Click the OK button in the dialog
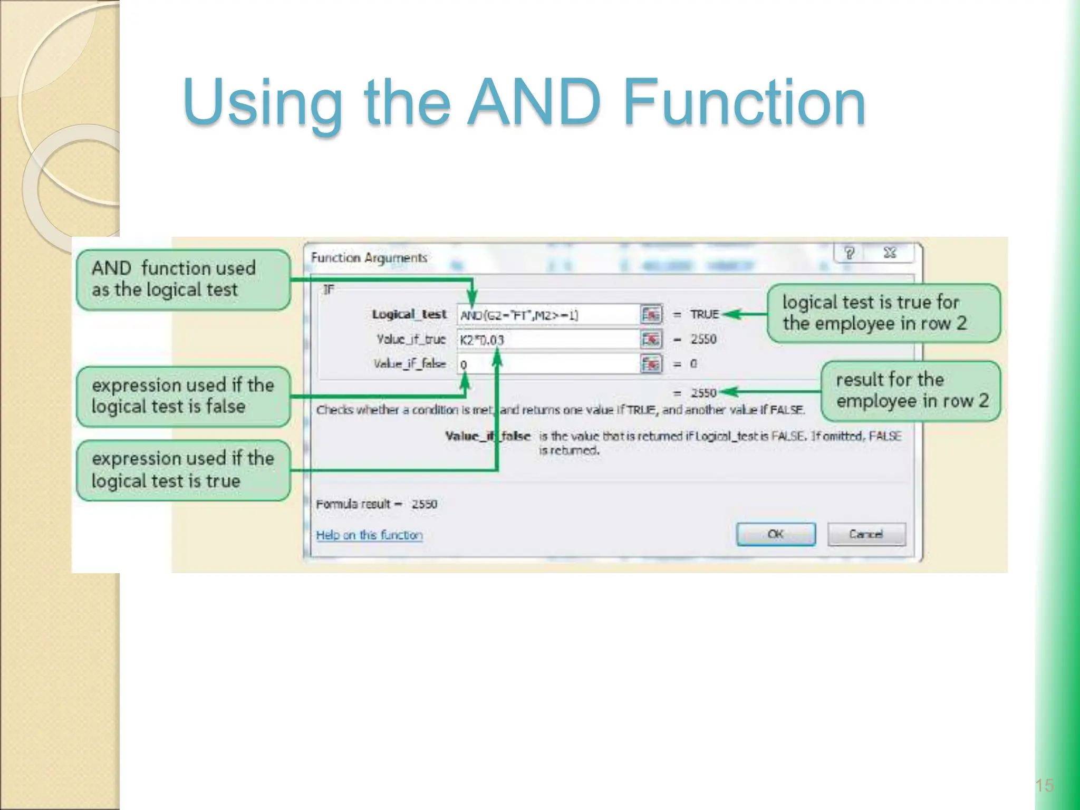tap(776, 534)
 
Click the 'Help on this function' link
tap(369, 535)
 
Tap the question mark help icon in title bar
tap(849, 253)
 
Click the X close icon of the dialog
tap(890, 253)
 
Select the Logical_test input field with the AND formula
tap(548, 315)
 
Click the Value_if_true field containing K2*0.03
tap(548, 340)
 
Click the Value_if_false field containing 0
tap(548, 364)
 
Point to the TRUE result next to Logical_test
tap(704, 314)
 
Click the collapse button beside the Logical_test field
tap(651, 315)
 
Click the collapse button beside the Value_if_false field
tap(651, 364)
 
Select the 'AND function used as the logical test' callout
tap(183, 279)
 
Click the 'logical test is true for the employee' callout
tap(883, 313)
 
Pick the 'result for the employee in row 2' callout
tap(911, 391)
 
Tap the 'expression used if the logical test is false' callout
tap(183, 396)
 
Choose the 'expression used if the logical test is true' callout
tap(183, 470)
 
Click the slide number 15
tap(1044, 786)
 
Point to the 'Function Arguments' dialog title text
tap(369, 258)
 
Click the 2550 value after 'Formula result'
tap(424, 504)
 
